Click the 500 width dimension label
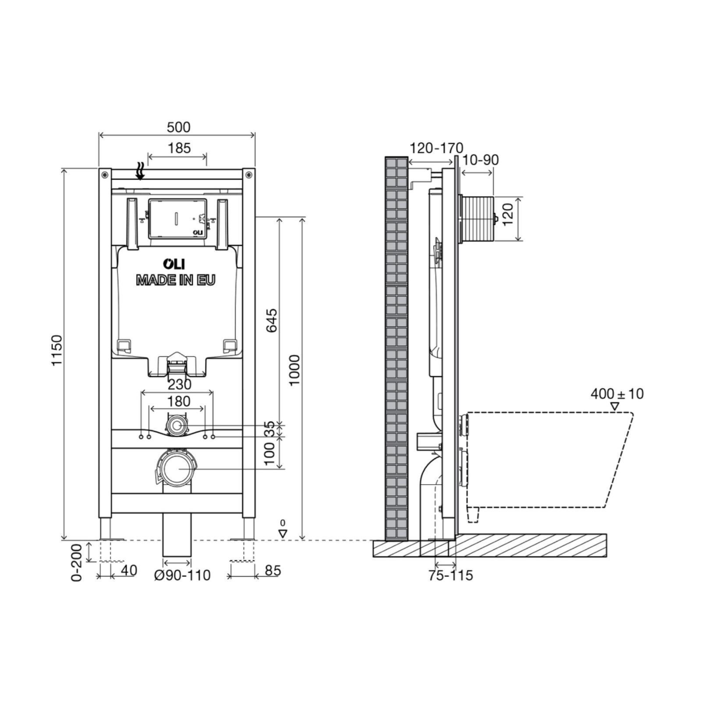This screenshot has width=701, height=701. [179, 127]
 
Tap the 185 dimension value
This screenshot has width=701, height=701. [179, 148]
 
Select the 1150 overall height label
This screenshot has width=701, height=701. [57, 350]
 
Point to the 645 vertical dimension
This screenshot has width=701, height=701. [272, 320]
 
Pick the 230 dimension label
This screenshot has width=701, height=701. [180, 384]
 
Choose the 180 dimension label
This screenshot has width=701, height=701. [179, 401]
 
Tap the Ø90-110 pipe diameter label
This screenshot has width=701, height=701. [182, 575]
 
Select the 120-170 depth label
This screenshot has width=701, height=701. [436, 149]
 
